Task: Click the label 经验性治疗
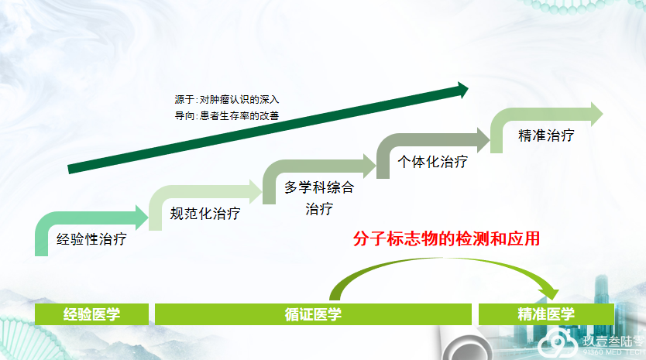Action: tap(91, 239)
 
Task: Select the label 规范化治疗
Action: tap(205, 214)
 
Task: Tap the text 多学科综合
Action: tap(319, 187)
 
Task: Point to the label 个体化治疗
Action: tap(432, 162)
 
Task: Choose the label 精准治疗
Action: tap(546, 135)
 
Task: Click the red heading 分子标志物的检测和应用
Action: tap(446, 239)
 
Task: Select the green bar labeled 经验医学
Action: tap(91, 314)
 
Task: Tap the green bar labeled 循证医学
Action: tap(313, 314)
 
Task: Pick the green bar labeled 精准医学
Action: tap(546, 314)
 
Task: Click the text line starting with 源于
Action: tap(227, 100)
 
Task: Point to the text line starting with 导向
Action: tap(227, 116)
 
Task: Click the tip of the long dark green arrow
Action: tap(469, 89)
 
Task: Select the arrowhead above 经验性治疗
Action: tap(143, 218)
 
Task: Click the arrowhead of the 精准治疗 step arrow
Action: tap(597, 114)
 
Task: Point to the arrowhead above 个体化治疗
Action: tap(483, 139)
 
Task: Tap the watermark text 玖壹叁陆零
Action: tap(613, 341)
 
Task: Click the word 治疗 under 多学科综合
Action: tap(319, 209)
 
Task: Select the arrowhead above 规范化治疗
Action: tap(256, 191)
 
